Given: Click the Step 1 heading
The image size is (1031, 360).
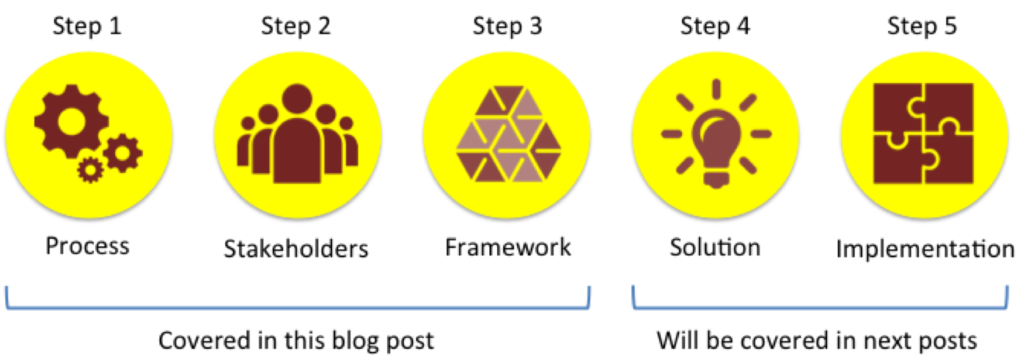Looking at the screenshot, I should click(x=87, y=27).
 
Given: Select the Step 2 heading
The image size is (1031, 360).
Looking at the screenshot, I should click(x=296, y=27).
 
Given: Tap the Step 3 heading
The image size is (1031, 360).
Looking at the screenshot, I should click(x=507, y=27).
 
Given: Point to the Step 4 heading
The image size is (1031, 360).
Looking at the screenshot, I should click(x=715, y=27).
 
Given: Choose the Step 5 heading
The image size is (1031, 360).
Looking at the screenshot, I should click(x=922, y=27).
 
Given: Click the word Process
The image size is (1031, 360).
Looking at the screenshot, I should click(x=87, y=246).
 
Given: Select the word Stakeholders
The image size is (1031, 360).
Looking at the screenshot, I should click(x=296, y=249).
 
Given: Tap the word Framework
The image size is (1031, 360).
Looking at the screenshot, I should click(x=507, y=246).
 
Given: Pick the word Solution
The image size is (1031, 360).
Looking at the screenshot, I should click(x=715, y=246).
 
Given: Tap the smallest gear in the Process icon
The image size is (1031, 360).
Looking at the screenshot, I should click(x=91, y=169).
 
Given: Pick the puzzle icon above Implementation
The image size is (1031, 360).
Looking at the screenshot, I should click(x=922, y=134).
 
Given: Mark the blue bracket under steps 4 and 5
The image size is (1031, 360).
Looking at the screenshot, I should click(x=820, y=307).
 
